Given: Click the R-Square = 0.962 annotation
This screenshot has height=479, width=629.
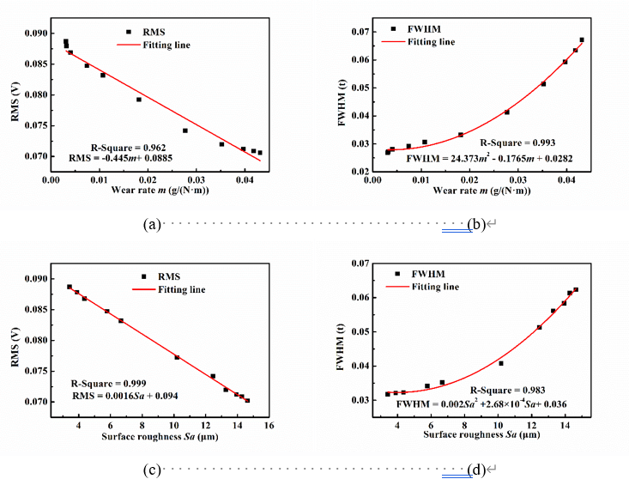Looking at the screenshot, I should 130,146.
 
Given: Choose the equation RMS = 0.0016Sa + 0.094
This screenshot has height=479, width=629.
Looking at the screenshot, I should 124,395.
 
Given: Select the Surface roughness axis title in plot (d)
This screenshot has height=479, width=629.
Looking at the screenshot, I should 486,435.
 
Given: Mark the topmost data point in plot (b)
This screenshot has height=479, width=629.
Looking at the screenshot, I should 581,39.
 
